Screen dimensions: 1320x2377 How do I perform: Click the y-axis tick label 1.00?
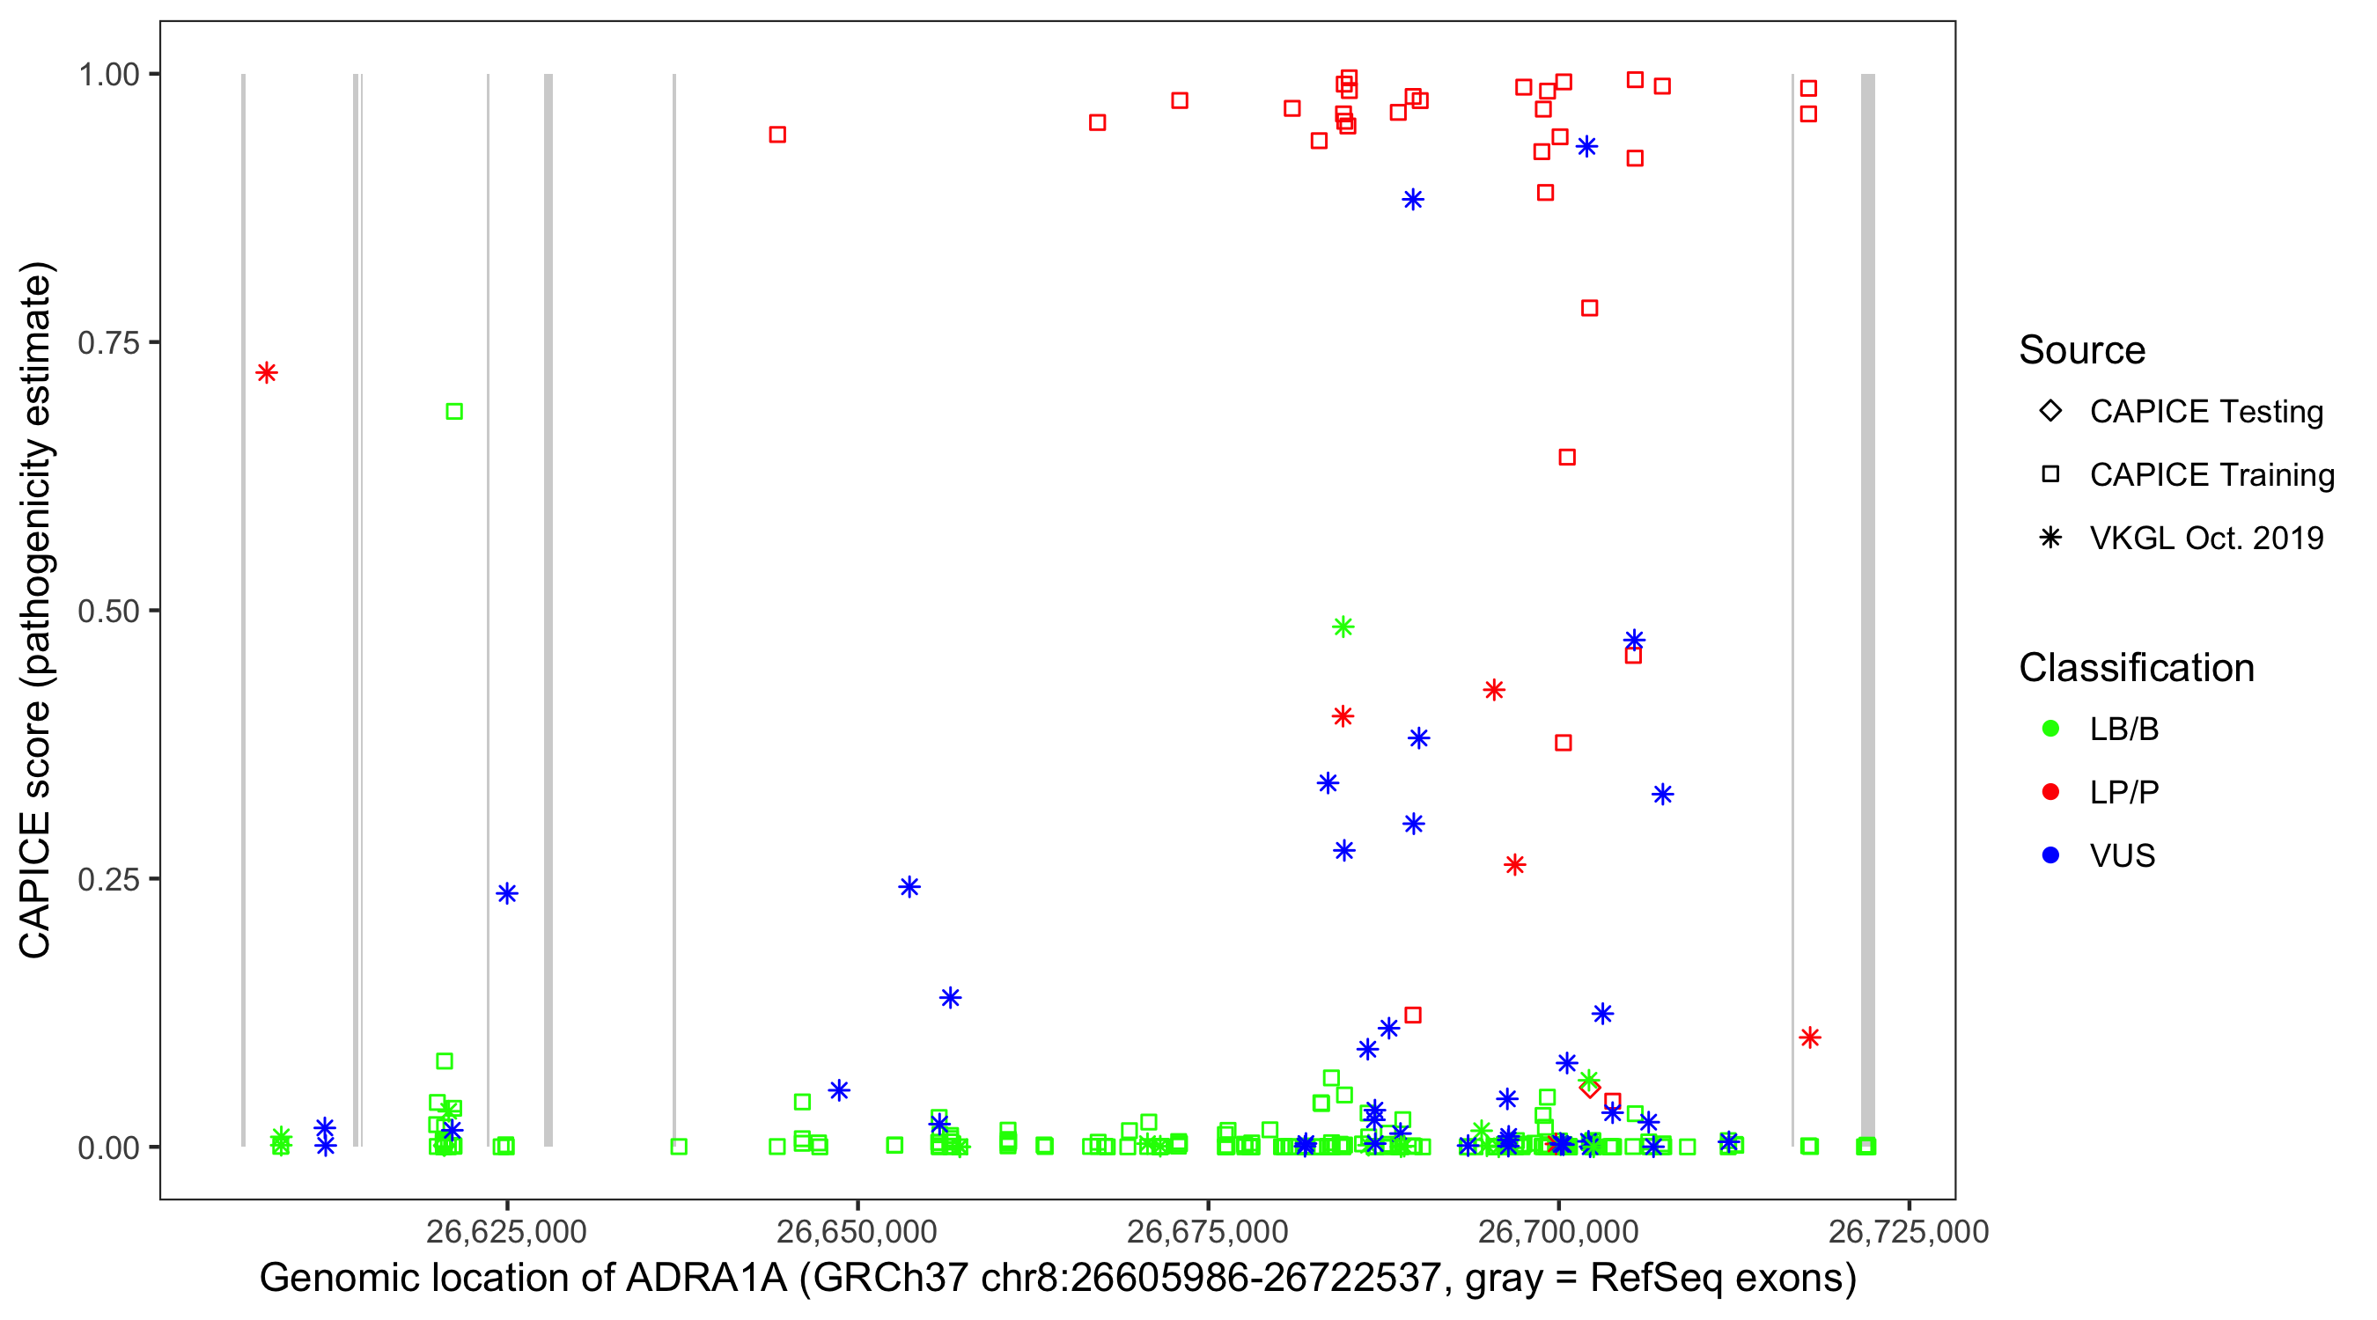(107, 75)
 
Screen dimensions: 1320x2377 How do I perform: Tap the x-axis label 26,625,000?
(505, 1231)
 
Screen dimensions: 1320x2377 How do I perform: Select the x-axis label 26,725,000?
(1909, 1231)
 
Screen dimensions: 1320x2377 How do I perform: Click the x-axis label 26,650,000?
(857, 1231)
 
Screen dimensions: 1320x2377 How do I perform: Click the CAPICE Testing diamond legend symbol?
(2050, 410)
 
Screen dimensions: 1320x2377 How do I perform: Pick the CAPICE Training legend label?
(2211, 475)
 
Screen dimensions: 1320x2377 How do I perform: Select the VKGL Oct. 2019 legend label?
(2206, 539)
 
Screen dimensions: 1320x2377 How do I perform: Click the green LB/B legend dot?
(2050, 729)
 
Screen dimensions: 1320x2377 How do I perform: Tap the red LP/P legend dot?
(2050, 792)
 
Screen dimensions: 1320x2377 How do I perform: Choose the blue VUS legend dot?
(2050, 856)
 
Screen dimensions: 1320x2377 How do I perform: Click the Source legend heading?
(2082, 350)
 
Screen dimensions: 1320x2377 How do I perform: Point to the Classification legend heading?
(2136, 668)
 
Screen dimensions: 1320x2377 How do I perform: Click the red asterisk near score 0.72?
(267, 372)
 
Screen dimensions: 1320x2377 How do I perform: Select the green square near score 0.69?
(454, 412)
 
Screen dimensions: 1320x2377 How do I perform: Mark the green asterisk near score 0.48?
(1343, 627)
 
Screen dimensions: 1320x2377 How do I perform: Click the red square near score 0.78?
(1589, 308)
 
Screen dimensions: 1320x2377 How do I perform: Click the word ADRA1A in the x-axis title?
(706, 1279)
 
